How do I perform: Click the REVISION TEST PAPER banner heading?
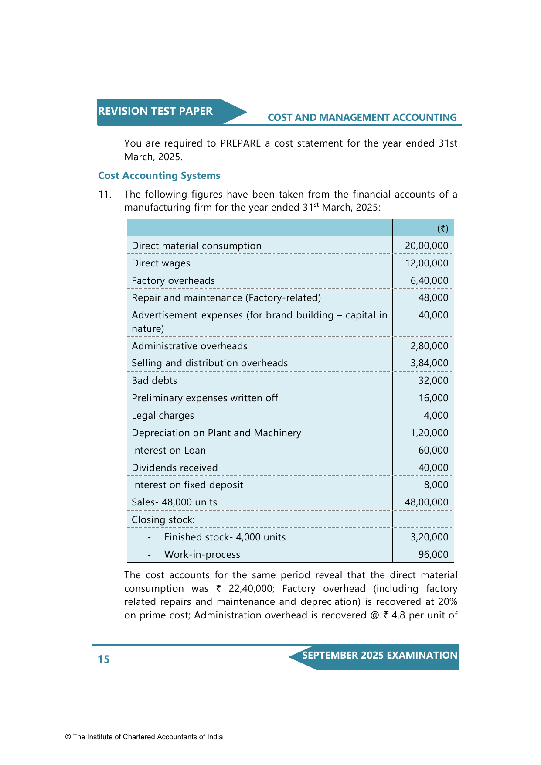[x=155, y=111]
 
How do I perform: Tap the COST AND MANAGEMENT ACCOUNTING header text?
[x=362, y=118]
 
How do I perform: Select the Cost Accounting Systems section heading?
[x=159, y=176]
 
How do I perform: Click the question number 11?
[x=105, y=195]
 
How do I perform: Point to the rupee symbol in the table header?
[x=442, y=228]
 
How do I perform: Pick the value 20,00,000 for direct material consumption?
[x=426, y=246]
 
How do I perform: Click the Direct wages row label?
[x=161, y=263]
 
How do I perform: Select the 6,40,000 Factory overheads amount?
[x=429, y=281]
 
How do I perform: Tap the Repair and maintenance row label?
[x=226, y=298]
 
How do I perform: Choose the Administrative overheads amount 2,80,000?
[x=429, y=346]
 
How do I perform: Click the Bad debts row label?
[x=154, y=381]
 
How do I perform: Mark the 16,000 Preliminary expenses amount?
[x=433, y=398]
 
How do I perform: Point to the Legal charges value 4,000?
[x=436, y=416]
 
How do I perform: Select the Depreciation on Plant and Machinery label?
[x=216, y=433]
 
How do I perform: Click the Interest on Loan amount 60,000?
[x=433, y=451]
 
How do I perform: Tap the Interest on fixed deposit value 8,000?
[x=436, y=485]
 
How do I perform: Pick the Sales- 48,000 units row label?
[x=174, y=502]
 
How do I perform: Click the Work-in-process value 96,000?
[x=433, y=555]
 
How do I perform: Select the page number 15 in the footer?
[x=104, y=659]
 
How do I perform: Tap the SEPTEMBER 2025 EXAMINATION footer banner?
[x=379, y=656]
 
